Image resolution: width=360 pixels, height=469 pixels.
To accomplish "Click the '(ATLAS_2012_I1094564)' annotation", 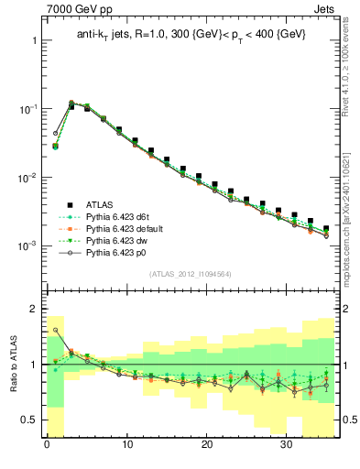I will (191, 273).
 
